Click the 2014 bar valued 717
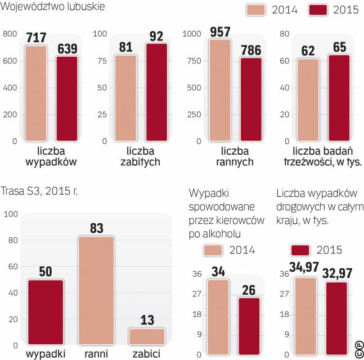click(35, 93)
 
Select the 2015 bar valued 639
click(67, 98)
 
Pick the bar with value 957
click(220, 90)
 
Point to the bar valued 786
click(251, 99)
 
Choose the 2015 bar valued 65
click(339, 98)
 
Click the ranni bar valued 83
click(96, 290)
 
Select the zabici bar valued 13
click(147, 336)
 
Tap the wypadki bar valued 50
click(46, 312)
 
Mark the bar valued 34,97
click(305, 316)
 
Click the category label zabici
click(146, 354)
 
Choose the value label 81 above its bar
click(125, 47)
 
